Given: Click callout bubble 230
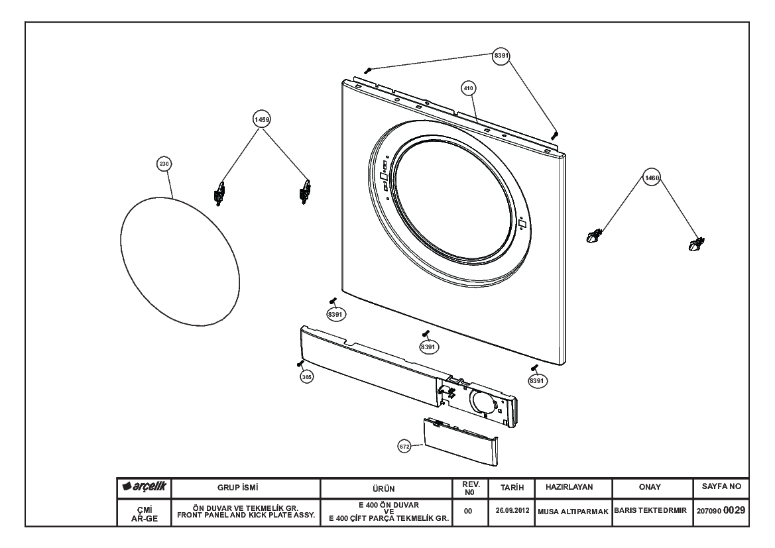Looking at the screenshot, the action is [x=164, y=164].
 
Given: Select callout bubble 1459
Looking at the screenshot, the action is [x=262, y=119].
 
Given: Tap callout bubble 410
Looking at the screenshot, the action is [x=468, y=88].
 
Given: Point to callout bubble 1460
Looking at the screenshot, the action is [x=652, y=178].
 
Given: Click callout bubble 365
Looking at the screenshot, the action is [x=307, y=377].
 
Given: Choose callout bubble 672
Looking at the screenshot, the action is [x=404, y=447].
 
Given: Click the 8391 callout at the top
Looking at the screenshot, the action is [x=501, y=56].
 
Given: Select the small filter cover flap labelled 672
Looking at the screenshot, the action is [x=461, y=442].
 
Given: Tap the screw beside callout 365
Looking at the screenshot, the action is [x=300, y=364].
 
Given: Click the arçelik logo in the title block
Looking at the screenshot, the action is [x=145, y=487].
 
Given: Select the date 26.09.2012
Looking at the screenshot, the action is [x=512, y=510].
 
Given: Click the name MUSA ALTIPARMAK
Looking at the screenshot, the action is [x=573, y=512].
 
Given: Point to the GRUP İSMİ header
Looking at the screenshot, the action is [x=238, y=488].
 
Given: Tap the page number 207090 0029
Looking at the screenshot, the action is [x=721, y=510].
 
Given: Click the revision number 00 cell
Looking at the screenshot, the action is [x=468, y=511].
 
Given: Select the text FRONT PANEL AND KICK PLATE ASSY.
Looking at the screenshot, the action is [x=246, y=515].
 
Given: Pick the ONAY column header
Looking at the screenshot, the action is [x=650, y=487].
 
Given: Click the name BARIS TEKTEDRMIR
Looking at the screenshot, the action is [x=650, y=510].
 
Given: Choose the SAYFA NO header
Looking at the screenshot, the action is [x=721, y=486].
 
